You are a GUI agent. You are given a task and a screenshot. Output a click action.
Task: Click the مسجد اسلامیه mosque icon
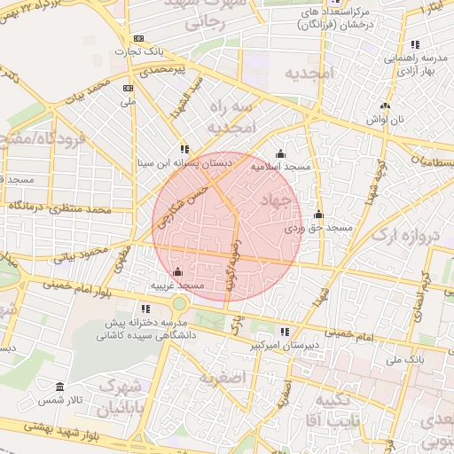pyautogui.click(x=281, y=154)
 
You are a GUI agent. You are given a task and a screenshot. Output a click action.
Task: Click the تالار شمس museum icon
pyautogui.click(x=59, y=388)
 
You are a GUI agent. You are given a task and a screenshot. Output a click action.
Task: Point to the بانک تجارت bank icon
pyautogui.click(x=138, y=39)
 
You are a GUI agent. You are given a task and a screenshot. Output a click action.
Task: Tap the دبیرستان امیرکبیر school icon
pyautogui.click(x=285, y=331)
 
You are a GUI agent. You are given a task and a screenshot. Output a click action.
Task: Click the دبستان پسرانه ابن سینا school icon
pyautogui.click(x=184, y=150)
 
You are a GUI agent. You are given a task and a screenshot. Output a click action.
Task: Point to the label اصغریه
pyautogui.click(x=218, y=379)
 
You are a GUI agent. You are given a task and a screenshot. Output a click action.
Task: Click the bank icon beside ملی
pyautogui.click(x=129, y=88)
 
